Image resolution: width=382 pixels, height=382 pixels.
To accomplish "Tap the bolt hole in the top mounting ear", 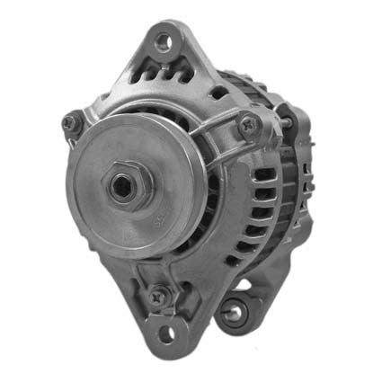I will (162, 40).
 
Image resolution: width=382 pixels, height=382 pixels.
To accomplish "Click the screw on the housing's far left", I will (70, 123).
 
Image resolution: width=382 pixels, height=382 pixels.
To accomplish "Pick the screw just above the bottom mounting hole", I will (158, 293).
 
